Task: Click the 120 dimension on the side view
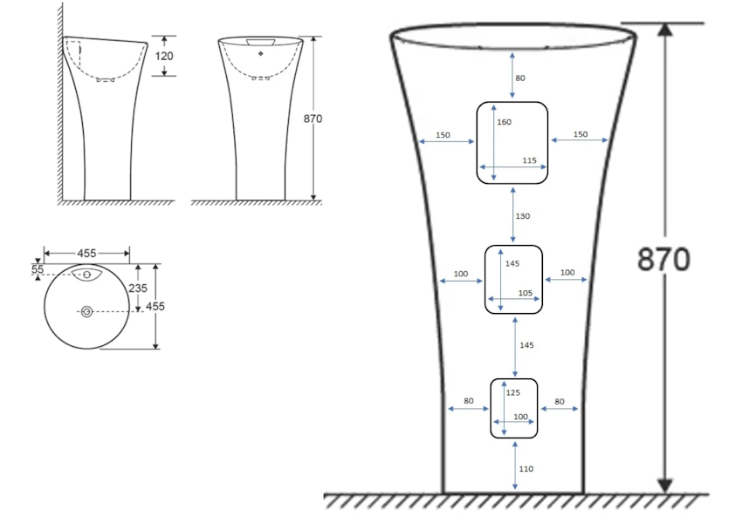tap(164, 56)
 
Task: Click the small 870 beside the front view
tap(313, 119)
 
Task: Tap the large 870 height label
tap(665, 259)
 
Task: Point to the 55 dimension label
tap(38, 270)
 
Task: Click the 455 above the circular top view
tap(86, 253)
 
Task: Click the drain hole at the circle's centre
tap(86, 311)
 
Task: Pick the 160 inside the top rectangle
tap(504, 123)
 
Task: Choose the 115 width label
tap(529, 161)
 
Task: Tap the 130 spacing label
tap(523, 215)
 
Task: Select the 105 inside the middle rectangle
tap(525, 293)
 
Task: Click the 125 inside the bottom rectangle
tap(513, 392)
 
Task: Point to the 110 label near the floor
tap(526, 469)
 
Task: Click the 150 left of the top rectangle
tap(443, 135)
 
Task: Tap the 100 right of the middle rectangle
tap(567, 274)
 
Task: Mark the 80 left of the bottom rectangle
tap(469, 402)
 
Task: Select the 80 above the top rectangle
tap(520, 78)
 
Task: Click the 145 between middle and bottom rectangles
tap(526, 346)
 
